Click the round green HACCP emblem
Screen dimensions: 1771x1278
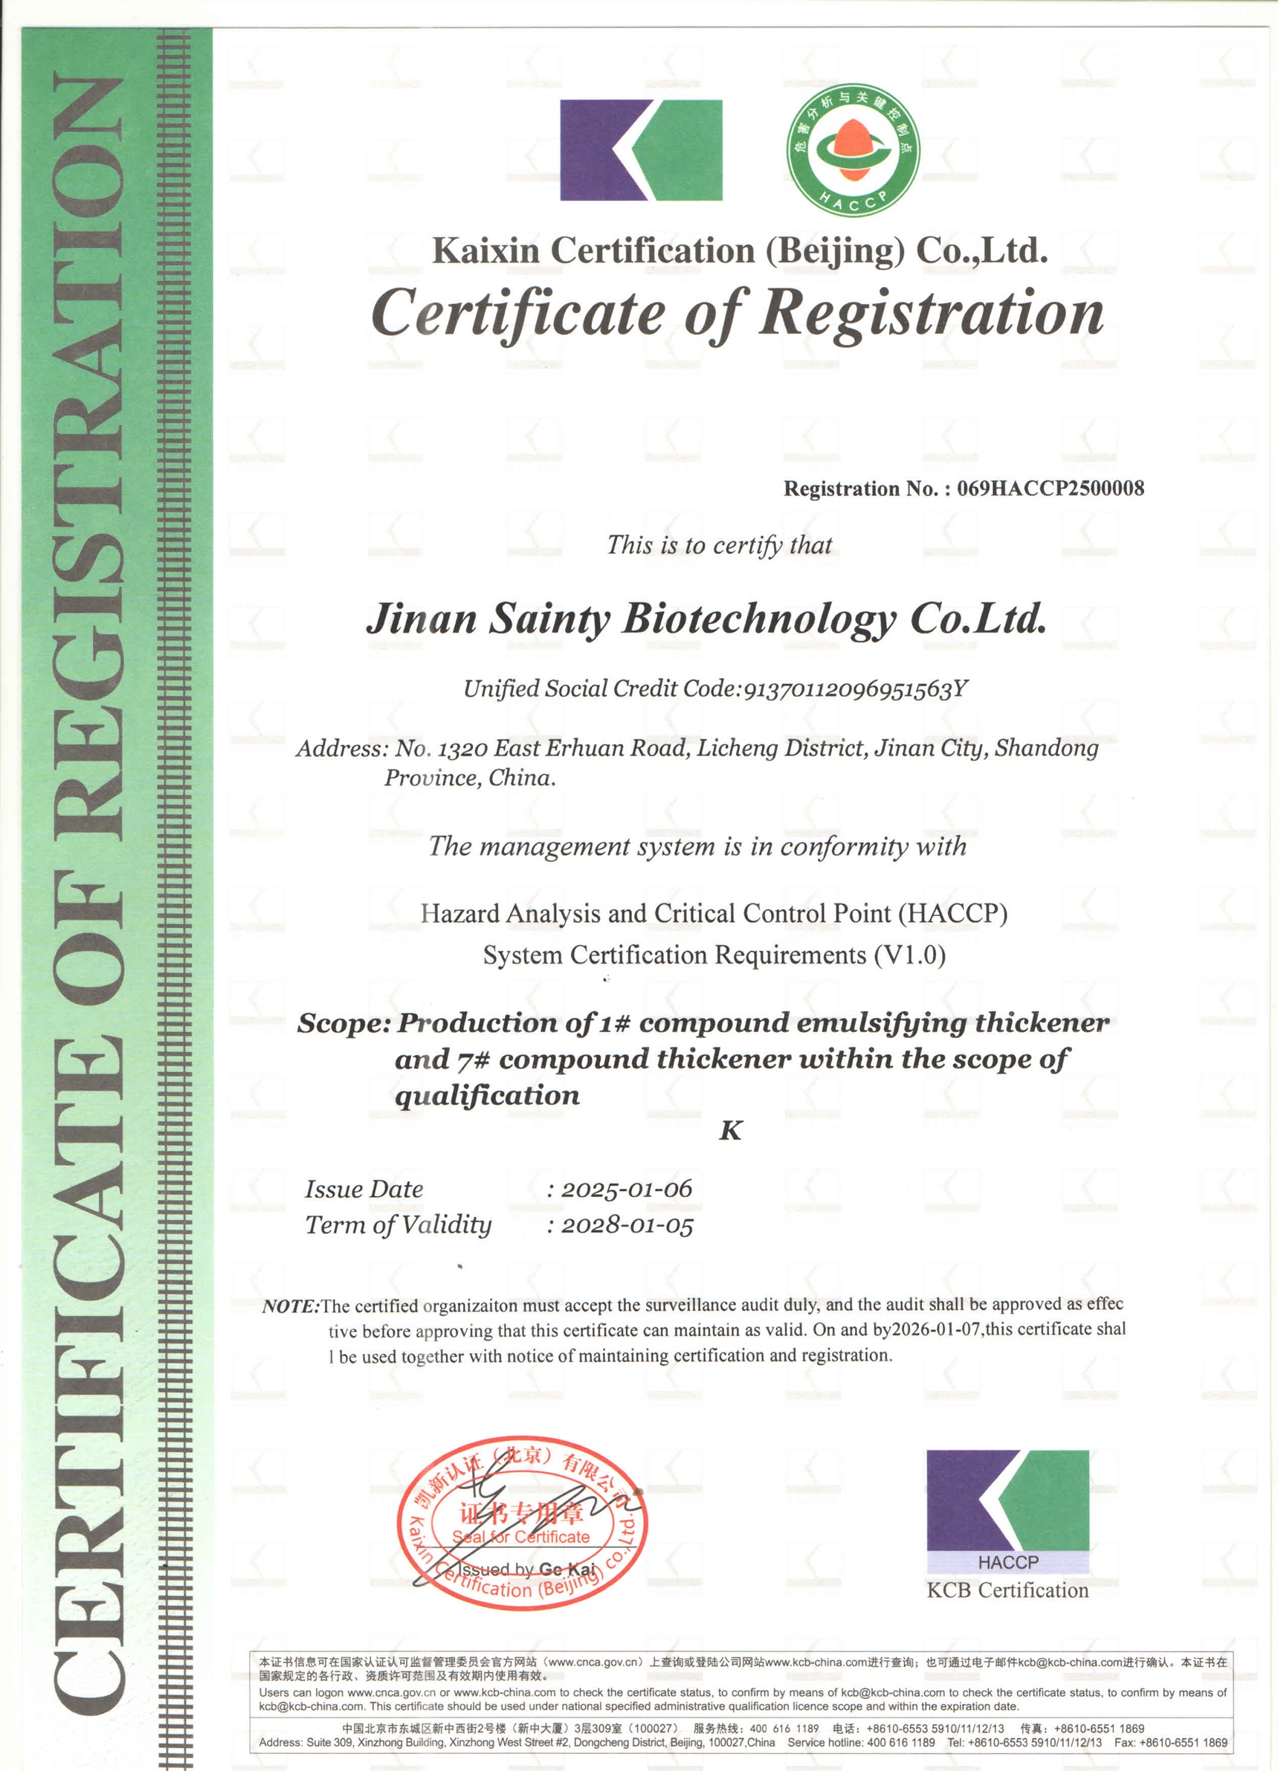(853, 150)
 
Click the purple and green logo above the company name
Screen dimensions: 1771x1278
(641, 150)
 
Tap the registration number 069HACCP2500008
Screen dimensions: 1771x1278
(1050, 488)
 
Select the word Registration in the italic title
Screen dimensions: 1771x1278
(932, 314)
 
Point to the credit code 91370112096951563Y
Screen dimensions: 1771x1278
(856, 688)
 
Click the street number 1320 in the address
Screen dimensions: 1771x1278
(463, 749)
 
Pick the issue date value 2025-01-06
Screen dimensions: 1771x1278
(626, 1190)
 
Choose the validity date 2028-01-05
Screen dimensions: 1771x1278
(627, 1225)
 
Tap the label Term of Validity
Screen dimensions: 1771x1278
(398, 1225)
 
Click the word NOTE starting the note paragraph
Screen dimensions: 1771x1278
(291, 1306)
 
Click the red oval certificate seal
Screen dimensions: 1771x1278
(521, 1533)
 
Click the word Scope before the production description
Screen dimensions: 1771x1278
(343, 1024)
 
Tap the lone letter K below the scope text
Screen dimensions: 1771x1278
(730, 1131)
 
